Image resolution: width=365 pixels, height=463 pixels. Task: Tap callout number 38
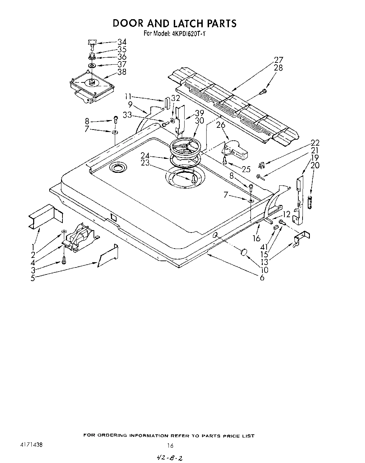pyautogui.click(x=122, y=72)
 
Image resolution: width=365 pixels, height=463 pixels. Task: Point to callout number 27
pyautogui.click(x=279, y=59)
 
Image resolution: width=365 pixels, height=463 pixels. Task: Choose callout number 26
pyautogui.click(x=221, y=125)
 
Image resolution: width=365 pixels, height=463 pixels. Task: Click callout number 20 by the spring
pyautogui.click(x=315, y=165)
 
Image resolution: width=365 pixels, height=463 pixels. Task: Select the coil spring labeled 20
pyautogui.click(x=309, y=203)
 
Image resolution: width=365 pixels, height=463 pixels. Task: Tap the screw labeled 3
pyautogui.click(x=64, y=260)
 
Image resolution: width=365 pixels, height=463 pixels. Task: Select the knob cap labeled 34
pyautogui.click(x=92, y=43)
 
